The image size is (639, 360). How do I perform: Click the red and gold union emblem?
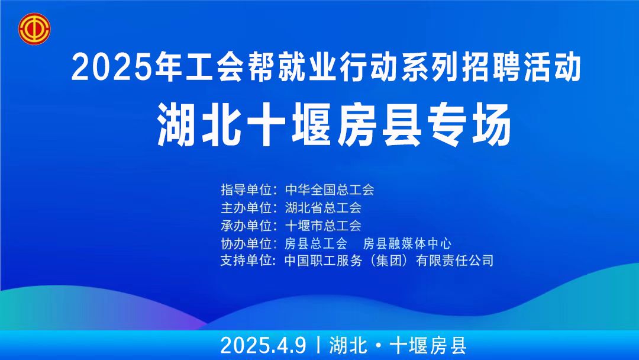click(34, 28)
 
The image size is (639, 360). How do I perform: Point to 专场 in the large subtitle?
click(469, 125)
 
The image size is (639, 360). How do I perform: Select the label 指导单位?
click(246, 189)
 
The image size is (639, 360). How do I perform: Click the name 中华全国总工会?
click(330, 189)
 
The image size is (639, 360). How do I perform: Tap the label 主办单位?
click(246, 207)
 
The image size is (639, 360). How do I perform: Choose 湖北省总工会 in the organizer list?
click(323, 207)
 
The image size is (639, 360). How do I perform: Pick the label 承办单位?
click(246, 226)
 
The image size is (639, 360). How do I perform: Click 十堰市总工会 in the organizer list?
click(323, 226)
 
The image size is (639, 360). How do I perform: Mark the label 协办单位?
click(246, 243)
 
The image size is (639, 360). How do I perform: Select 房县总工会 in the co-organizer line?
click(316, 243)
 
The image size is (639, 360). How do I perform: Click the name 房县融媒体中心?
click(407, 243)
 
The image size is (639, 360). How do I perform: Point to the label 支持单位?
click(246, 260)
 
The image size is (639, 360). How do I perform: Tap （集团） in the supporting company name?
click(389, 260)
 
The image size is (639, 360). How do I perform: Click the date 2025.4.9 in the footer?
click(263, 346)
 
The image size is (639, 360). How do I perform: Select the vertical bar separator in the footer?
click(318, 346)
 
